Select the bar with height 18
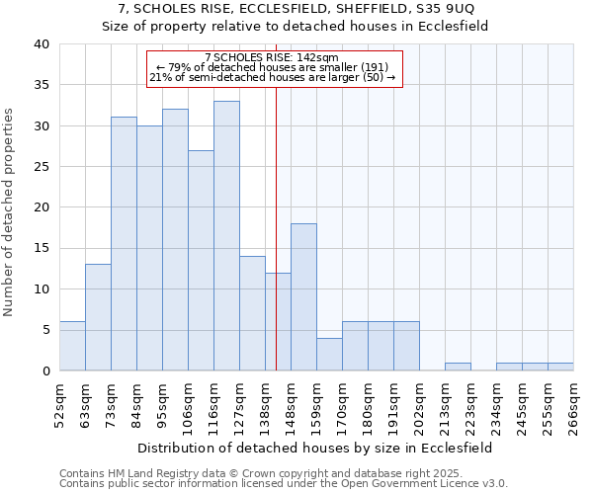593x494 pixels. pyautogui.click(x=303, y=296)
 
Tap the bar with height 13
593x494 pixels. pyautogui.click(x=98, y=317)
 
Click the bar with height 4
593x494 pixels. pyautogui.click(x=329, y=354)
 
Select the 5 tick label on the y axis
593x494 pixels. pyautogui.click(x=44, y=330)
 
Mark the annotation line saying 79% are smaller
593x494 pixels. pyautogui.click(x=275, y=67)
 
